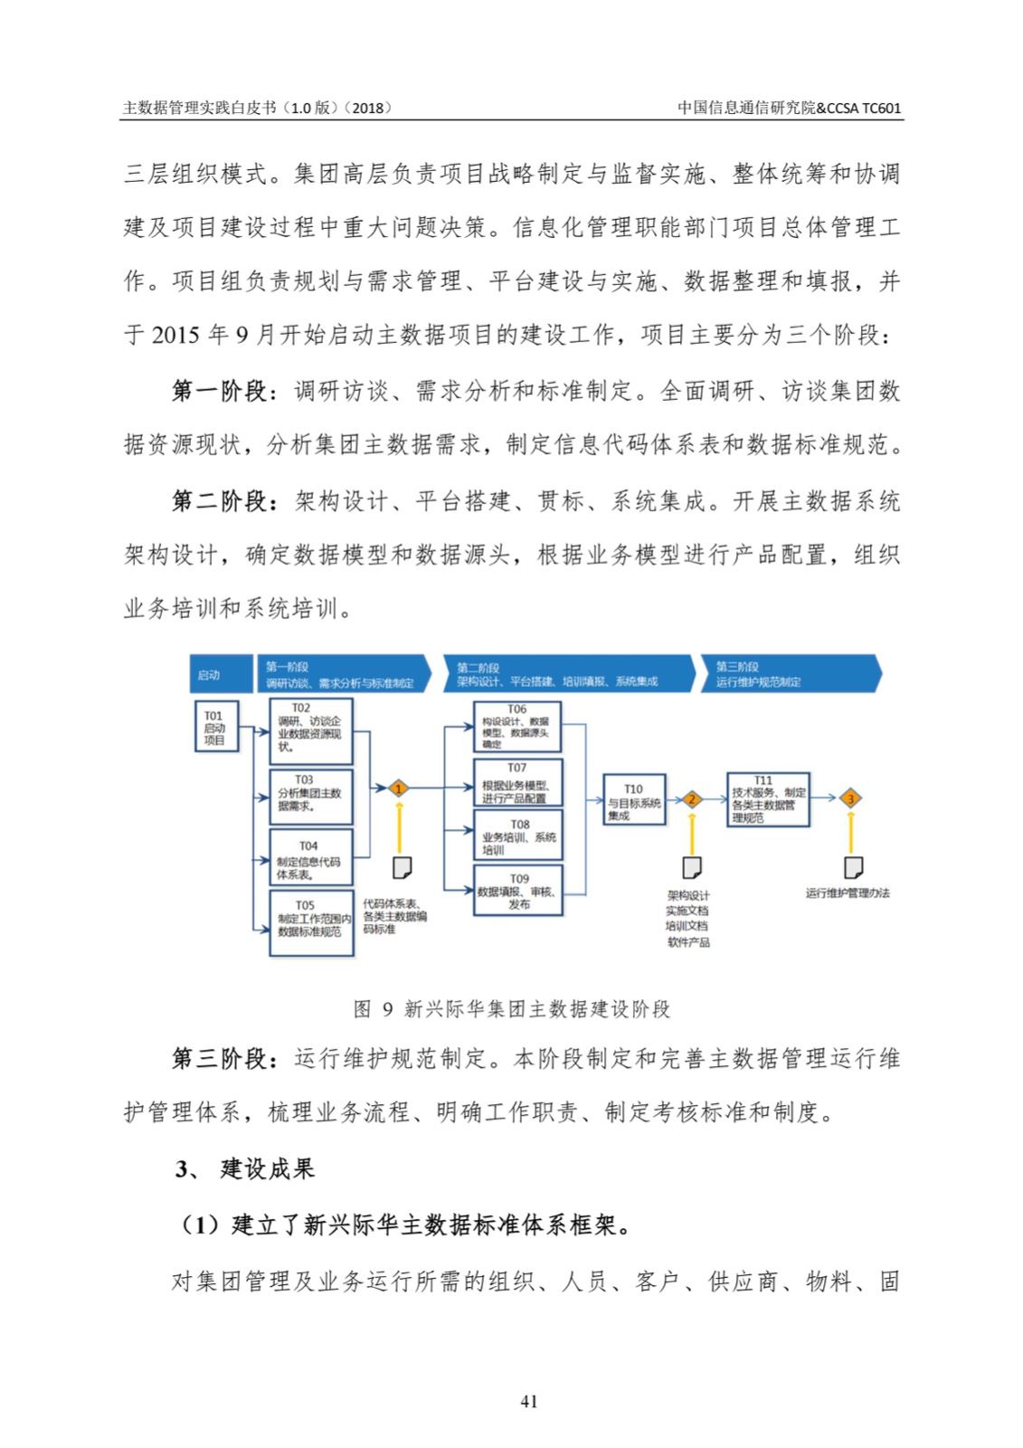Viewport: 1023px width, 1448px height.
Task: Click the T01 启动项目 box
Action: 217,727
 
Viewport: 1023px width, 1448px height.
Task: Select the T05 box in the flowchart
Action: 310,923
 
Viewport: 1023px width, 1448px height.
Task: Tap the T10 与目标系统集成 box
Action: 634,800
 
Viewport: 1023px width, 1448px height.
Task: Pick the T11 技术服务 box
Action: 768,799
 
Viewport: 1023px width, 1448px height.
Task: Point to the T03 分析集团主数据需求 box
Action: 310,797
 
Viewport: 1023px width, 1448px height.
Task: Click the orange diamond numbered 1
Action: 398,788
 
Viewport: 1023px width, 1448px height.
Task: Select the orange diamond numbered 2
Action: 692,799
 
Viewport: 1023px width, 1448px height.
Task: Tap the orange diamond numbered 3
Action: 850,798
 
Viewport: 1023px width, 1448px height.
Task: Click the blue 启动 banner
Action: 220,674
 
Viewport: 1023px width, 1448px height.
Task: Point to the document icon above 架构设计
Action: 692,868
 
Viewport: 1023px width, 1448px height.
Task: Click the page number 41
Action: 529,1401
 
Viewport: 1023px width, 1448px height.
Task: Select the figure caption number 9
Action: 387,1009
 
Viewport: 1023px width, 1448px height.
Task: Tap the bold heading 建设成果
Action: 268,1168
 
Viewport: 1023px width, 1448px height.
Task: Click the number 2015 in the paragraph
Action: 175,335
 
